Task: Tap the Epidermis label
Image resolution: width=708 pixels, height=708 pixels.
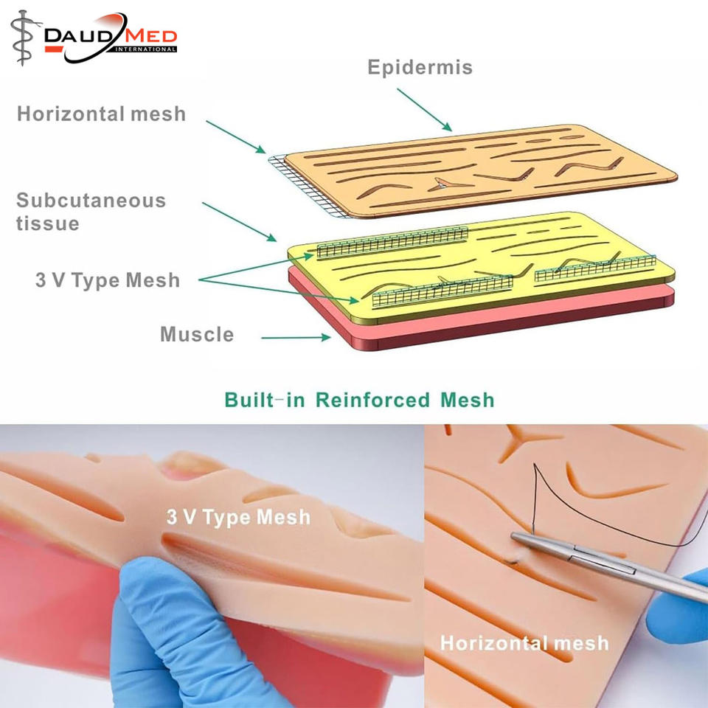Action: [x=420, y=68]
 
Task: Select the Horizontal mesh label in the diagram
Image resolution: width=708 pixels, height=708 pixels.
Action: [x=102, y=114]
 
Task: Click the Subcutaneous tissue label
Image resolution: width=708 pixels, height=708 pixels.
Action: [x=90, y=212]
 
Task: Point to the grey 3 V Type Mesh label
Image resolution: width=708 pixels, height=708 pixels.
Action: [x=107, y=280]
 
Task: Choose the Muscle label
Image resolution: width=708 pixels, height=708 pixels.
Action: [x=197, y=334]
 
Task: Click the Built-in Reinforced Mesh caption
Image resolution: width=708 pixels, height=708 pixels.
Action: [x=359, y=400]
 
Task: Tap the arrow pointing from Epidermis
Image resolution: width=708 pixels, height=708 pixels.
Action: [x=424, y=111]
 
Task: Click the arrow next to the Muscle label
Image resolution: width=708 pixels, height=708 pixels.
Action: [x=295, y=338]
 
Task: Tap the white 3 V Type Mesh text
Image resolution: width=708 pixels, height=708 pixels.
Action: [x=238, y=517]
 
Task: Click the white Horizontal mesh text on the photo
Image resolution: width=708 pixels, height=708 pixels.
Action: [x=524, y=642]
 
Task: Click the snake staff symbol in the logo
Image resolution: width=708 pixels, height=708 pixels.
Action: [x=22, y=37]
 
